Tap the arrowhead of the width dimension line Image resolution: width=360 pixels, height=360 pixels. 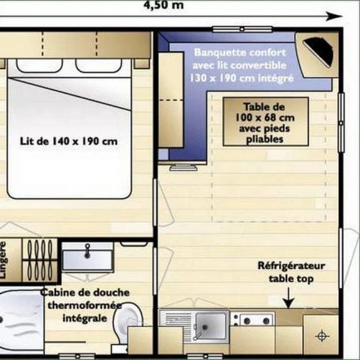[x=331, y=15]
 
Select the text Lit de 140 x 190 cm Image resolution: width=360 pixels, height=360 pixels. [x=69, y=140]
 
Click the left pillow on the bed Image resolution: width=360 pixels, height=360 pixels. [x=40, y=65]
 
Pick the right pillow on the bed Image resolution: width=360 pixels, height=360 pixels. [x=98, y=65]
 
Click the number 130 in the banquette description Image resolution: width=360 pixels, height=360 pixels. [x=202, y=77]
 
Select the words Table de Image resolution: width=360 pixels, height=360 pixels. [x=265, y=106]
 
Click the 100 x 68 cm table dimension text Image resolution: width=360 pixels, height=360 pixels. [x=265, y=118]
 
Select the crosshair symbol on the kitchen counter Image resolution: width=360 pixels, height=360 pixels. [x=322, y=334]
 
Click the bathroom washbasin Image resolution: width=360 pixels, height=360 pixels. [x=87, y=258]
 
